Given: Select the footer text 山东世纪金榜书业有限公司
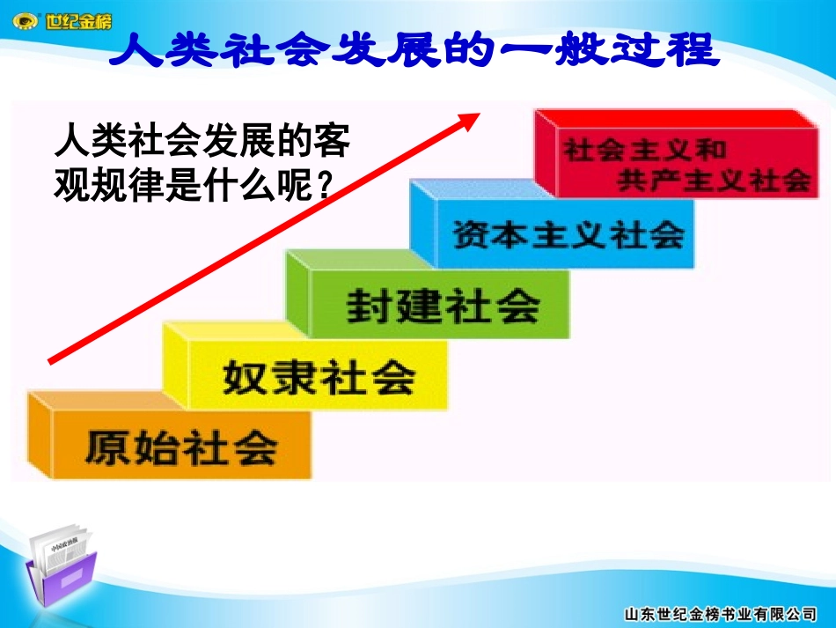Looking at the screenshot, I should [720, 613].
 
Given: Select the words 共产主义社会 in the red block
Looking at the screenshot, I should [713, 181].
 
